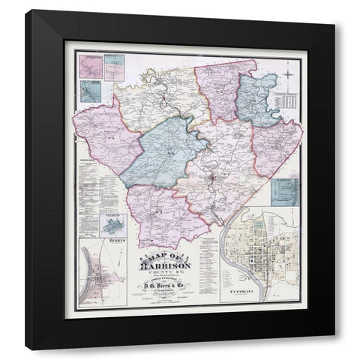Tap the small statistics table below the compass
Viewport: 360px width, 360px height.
pos(289,100)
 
